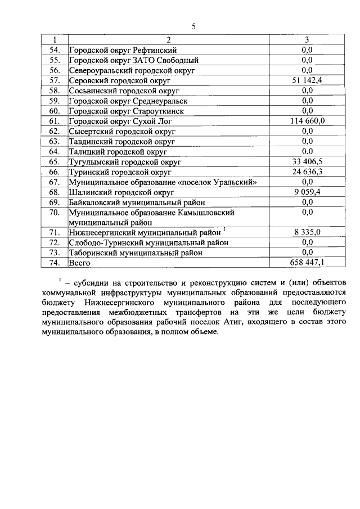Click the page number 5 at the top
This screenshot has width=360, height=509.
click(193, 26)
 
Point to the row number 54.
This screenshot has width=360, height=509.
click(55, 50)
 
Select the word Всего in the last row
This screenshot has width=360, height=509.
click(80, 263)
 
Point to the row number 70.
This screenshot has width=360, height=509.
click(55, 213)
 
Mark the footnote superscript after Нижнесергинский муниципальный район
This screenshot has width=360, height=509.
click(224, 229)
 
